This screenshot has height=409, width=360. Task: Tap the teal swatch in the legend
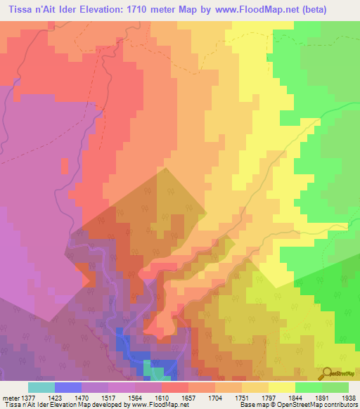pyautogui.click(x=41, y=387)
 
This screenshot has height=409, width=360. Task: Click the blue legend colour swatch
pyautogui.click(x=68, y=387)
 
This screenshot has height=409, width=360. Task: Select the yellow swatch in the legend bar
pyautogui.click(x=281, y=387)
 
